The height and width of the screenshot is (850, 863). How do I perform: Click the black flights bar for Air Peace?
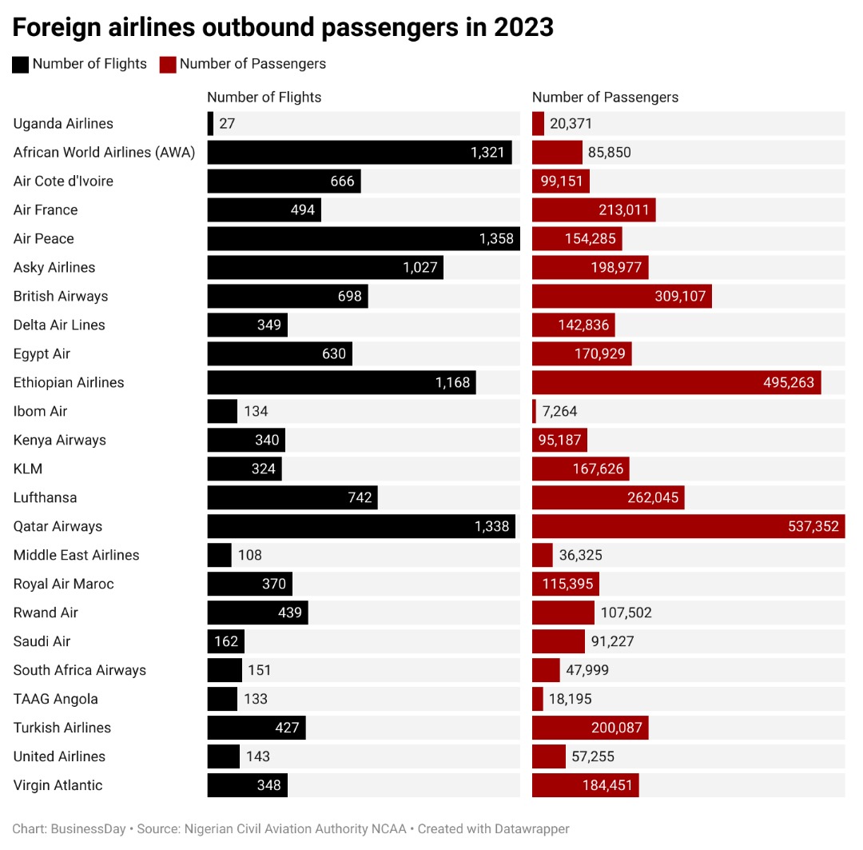pyautogui.click(x=364, y=238)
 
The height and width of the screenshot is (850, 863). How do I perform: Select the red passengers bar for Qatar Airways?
pyautogui.click(x=688, y=526)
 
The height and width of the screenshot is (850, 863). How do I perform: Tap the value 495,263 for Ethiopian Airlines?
pyautogui.click(x=789, y=382)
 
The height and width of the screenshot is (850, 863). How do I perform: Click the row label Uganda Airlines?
pyautogui.click(x=63, y=123)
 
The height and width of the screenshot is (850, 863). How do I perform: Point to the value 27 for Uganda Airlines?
pyautogui.click(x=227, y=123)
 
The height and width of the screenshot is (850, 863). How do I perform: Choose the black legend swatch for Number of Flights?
pyautogui.click(x=21, y=64)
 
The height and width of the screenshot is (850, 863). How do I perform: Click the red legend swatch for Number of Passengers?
pyautogui.click(x=168, y=64)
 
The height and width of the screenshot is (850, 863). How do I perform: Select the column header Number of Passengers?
pyautogui.click(x=605, y=97)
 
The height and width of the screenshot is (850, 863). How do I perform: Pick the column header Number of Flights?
pyautogui.click(x=264, y=97)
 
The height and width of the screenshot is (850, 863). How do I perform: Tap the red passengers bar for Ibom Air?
pyautogui.click(x=534, y=411)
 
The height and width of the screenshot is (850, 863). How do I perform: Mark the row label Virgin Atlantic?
pyautogui.click(x=58, y=785)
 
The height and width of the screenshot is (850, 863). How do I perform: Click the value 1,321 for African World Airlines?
pyautogui.click(x=488, y=152)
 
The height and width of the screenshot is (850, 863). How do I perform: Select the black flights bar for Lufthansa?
pyautogui.click(x=292, y=497)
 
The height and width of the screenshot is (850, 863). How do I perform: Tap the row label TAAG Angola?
pyautogui.click(x=56, y=699)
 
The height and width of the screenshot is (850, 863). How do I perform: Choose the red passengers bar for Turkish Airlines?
pyautogui.click(x=590, y=728)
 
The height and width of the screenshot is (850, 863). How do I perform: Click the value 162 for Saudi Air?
pyautogui.click(x=226, y=641)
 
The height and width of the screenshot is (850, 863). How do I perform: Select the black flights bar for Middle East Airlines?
pyautogui.click(x=219, y=555)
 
